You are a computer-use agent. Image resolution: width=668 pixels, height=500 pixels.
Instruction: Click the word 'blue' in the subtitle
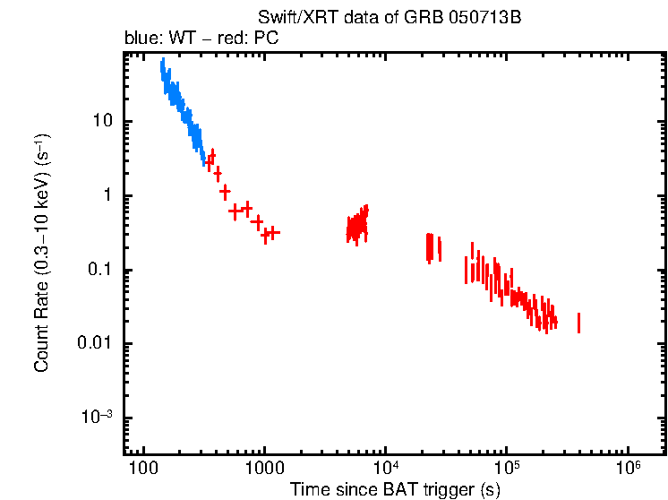(x=139, y=40)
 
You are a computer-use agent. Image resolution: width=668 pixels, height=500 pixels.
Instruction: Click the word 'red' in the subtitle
(x=234, y=40)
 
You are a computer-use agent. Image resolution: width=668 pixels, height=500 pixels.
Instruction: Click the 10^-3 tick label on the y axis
(x=97, y=418)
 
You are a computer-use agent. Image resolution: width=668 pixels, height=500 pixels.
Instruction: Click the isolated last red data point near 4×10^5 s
(x=578, y=323)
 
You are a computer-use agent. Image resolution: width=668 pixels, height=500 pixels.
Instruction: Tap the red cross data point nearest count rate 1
(x=225, y=191)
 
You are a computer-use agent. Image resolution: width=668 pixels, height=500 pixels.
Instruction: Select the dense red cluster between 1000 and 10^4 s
(x=357, y=226)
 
